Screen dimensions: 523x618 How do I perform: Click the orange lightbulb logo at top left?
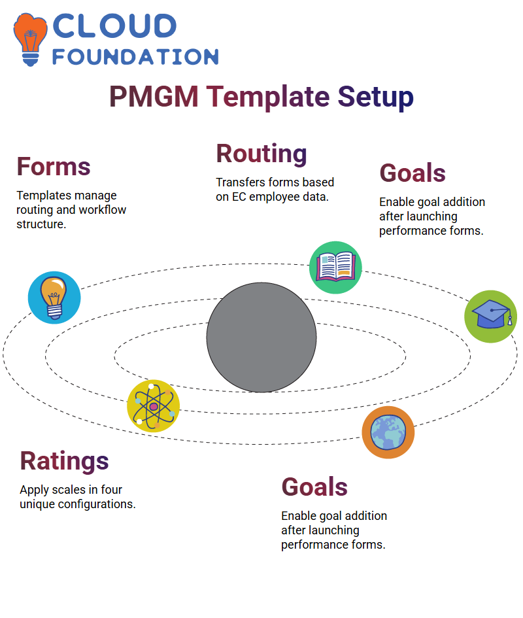(30, 39)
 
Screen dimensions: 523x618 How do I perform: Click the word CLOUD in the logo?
(114, 26)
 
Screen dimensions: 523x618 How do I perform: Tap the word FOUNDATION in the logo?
(135, 57)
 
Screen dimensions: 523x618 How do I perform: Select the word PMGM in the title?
(154, 97)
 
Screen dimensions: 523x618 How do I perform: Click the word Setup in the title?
(376, 97)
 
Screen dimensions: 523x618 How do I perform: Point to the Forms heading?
(54, 166)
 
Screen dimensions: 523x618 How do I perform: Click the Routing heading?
(261, 154)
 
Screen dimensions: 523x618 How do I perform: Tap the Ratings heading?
(64, 461)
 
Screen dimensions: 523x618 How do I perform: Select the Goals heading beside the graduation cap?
(413, 173)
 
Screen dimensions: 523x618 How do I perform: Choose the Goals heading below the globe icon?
(314, 487)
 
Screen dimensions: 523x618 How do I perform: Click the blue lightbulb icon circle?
(54, 298)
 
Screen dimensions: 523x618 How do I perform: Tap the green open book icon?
(335, 267)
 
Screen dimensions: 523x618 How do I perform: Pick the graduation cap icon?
(491, 317)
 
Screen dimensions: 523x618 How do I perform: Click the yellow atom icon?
(154, 406)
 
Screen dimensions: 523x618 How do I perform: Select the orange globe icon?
(388, 432)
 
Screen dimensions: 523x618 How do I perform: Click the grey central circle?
(261, 337)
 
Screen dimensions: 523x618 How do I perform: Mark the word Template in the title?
(268, 97)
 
